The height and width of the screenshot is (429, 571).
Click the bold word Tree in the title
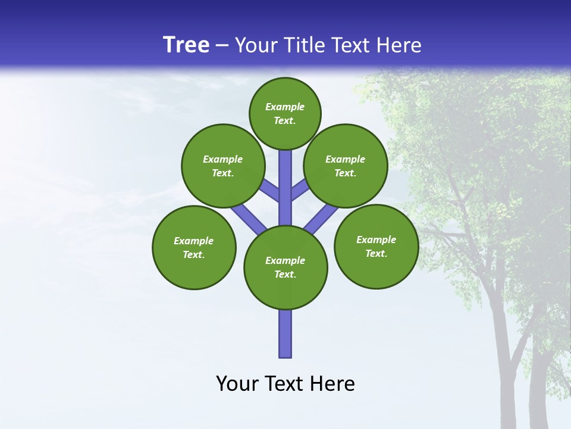point(186,45)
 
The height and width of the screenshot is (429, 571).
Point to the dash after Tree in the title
point(222,46)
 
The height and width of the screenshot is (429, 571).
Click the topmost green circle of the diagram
point(285,113)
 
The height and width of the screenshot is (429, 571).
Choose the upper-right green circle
point(346,166)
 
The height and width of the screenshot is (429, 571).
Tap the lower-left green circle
point(194,247)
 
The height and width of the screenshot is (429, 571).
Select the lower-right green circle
point(376,246)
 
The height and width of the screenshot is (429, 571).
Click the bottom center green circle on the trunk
point(285,267)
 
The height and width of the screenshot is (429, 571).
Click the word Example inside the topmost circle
point(285,107)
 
